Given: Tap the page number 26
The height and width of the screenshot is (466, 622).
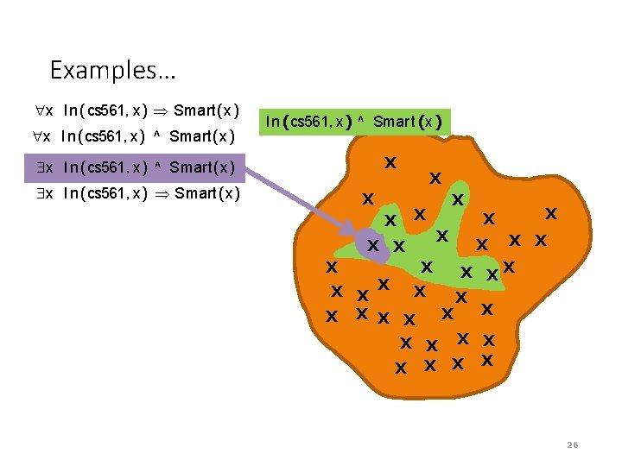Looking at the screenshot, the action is point(572,445).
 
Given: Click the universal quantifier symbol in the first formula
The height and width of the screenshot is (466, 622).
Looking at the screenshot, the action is point(41,110).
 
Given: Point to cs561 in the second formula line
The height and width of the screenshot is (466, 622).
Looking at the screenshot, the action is point(104,136).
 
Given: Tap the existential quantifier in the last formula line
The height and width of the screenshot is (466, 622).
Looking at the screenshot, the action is point(41,193).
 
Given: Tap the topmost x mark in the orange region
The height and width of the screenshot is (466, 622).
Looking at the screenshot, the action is point(390,162).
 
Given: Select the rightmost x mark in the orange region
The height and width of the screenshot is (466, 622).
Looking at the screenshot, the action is point(549,212).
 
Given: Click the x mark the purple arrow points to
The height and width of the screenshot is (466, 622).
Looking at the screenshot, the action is point(373,246).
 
